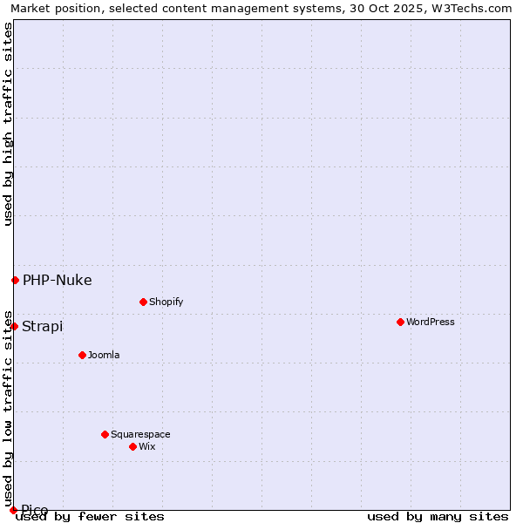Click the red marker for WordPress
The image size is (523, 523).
click(400, 322)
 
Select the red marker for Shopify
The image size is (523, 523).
click(143, 302)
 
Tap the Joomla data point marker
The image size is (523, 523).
click(82, 355)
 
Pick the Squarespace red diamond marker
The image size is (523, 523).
click(105, 434)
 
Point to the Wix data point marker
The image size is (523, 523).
click(132, 446)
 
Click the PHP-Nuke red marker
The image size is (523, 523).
click(15, 280)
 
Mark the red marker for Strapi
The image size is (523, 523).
click(14, 326)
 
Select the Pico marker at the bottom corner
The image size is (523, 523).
click(13, 510)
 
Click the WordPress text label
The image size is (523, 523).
click(431, 322)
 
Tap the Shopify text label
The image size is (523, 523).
click(166, 302)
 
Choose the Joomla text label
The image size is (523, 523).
click(104, 355)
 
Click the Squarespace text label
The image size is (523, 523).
click(140, 434)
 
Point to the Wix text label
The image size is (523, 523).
click(147, 446)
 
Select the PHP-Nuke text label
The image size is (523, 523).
click(57, 280)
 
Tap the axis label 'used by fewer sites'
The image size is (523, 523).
click(90, 516)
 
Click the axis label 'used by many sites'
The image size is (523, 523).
click(438, 516)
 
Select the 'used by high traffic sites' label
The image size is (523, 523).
click(8, 124)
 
